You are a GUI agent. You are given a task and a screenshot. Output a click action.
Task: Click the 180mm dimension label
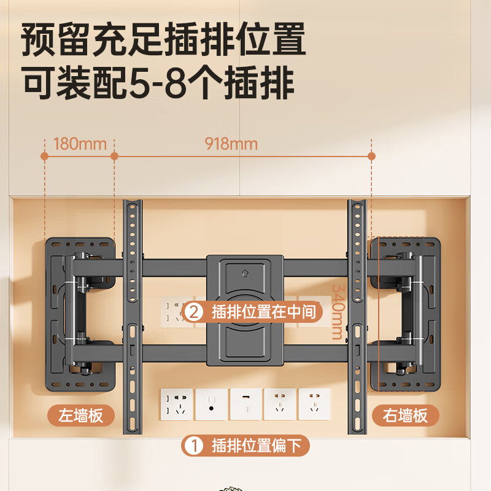coord(80,144)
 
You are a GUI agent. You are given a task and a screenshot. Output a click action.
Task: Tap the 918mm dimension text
coord(231,144)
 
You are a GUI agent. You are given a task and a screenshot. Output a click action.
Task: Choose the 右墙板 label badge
coord(405,416)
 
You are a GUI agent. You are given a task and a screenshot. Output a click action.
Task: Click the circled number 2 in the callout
coord(194,312)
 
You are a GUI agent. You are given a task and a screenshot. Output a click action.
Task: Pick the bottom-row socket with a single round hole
coord(211,404)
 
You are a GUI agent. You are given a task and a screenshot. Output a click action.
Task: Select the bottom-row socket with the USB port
coord(245,404)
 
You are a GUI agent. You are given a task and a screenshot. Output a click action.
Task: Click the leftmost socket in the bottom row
coord(177,404)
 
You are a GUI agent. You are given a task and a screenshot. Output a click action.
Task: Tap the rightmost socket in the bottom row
coord(314,404)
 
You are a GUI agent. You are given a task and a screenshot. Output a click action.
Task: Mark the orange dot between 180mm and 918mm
coord(114,157)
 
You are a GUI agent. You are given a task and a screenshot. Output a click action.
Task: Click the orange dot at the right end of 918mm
coord(371,157)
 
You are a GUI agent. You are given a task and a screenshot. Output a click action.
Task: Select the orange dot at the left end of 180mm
coord(45,157)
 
